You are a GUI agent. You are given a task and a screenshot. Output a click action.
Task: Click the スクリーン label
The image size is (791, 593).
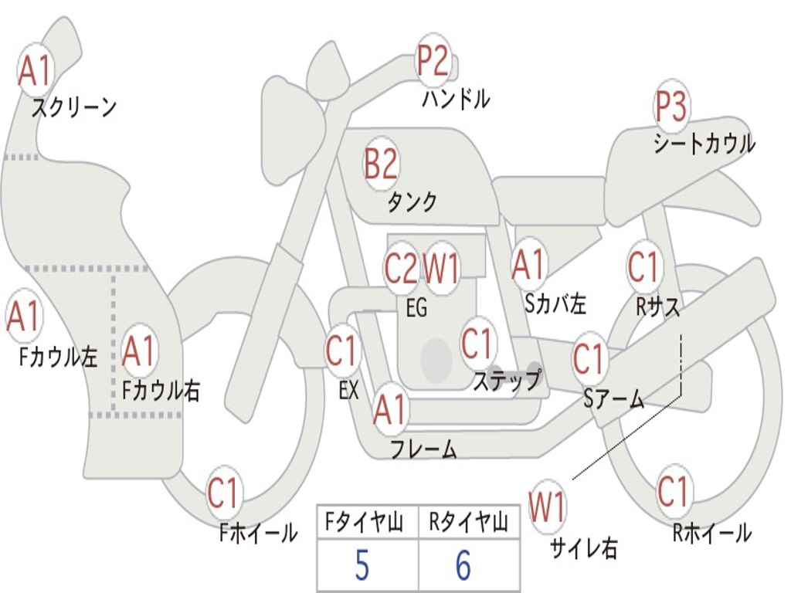(x=73, y=107)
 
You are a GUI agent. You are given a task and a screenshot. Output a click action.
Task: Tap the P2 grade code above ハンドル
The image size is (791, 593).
(x=433, y=62)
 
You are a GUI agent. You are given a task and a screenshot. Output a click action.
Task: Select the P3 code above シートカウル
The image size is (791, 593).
(x=671, y=107)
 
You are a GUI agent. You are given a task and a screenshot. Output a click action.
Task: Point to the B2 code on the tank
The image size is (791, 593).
(x=381, y=164)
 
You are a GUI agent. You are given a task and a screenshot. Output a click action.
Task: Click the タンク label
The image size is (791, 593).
(x=412, y=202)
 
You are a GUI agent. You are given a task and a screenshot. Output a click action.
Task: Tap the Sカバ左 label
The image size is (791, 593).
(x=555, y=303)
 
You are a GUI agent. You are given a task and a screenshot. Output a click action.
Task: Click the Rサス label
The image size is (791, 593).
(x=658, y=307)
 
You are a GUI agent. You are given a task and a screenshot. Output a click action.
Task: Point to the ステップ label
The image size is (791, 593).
(x=507, y=381)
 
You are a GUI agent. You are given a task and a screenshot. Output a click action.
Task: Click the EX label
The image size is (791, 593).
(x=348, y=391)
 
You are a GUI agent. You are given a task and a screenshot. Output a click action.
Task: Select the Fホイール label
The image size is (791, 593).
(x=259, y=533)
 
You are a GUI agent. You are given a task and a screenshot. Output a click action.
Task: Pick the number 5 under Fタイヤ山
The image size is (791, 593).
(x=362, y=567)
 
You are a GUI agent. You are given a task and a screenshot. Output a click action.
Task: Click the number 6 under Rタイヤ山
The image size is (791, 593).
(x=463, y=567)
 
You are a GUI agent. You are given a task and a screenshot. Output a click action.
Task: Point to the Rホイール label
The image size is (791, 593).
(x=711, y=533)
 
